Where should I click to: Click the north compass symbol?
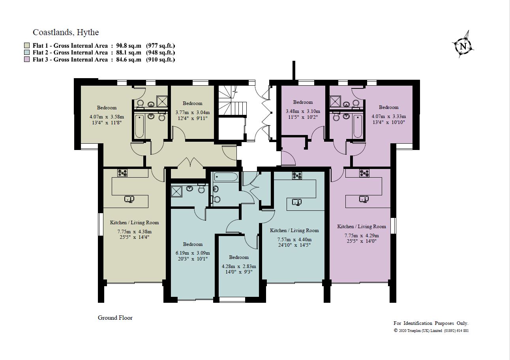(x=463, y=46)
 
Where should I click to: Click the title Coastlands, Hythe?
(x=66, y=32)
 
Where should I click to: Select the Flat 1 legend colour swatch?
(x=27, y=45)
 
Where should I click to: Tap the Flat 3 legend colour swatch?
(x=27, y=60)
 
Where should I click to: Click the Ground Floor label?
(x=115, y=318)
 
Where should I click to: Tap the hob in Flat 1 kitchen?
(x=122, y=172)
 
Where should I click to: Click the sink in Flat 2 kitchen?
(x=297, y=202)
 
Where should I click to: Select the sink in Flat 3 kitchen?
(x=364, y=199)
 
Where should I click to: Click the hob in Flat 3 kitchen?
(x=364, y=172)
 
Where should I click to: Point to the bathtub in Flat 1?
(x=139, y=126)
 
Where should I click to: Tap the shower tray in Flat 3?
(x=335, y=102)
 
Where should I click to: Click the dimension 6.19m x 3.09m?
(x=193, y=253)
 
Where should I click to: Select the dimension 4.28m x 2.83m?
(x=239, y=266)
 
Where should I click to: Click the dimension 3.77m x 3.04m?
(x=192, y=112)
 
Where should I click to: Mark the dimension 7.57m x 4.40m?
(x=294, y=240)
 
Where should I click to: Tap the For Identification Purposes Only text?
(x=431, y=323)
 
